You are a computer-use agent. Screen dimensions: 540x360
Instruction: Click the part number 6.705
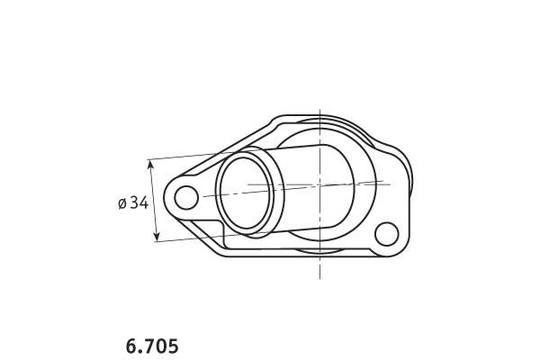point(152,346)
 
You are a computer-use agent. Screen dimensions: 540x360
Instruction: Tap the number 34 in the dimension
point(139,202)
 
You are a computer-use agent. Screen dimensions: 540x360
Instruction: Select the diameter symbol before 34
point(122,203)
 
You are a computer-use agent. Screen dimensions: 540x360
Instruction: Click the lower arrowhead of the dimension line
point(157,237)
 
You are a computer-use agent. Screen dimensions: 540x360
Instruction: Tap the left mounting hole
point(186,197)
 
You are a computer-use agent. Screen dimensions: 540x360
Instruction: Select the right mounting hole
point(386,234)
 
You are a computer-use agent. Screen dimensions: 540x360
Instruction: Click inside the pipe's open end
point(245,193)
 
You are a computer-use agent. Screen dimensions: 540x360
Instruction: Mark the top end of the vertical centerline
point(319,110)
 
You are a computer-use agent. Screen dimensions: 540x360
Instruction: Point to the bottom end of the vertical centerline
point(319,278)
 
